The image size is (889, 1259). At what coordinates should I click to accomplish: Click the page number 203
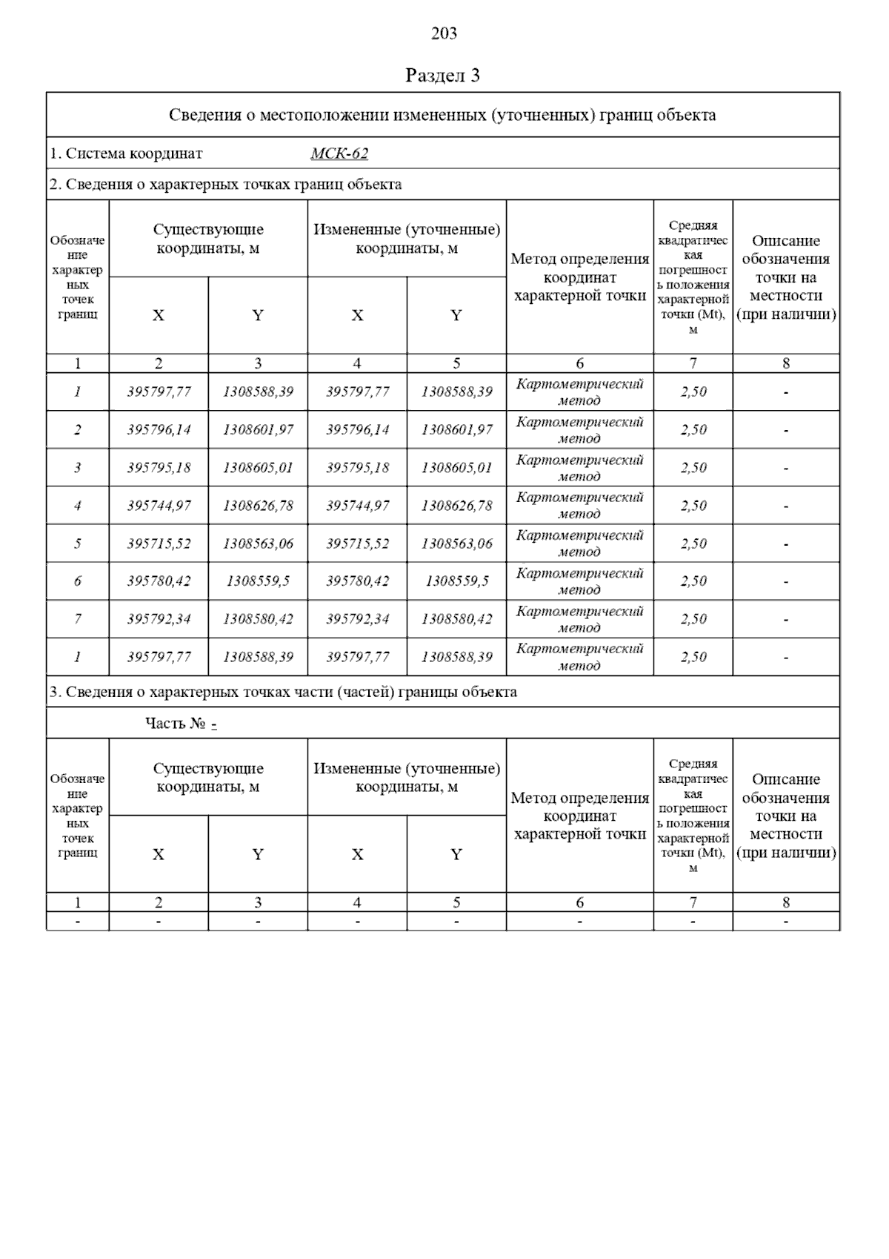[444, 33]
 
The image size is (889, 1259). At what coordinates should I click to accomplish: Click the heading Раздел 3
[443, 76]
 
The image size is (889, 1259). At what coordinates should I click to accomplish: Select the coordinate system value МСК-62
[339, 154]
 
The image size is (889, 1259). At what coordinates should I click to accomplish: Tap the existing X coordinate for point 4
[159, 506]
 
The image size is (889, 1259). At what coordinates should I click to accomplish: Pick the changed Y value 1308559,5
[456, 581]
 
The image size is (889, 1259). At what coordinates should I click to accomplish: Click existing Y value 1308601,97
[258, 430]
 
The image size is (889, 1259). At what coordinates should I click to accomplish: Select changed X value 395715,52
[357, 543]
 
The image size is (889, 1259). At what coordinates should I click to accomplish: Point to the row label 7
[78, 619]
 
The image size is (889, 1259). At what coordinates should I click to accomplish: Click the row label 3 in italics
[78, 468]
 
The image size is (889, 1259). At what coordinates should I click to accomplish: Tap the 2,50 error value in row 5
[693, 543]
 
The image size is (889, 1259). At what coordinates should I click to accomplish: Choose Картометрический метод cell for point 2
[579, 430]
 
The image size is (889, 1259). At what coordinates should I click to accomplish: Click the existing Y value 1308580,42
[258, 619]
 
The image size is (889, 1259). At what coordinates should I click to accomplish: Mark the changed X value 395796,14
[357, 430]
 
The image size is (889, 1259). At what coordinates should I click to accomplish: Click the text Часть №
[176, 724]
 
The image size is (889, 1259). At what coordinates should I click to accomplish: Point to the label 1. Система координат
[126, 154]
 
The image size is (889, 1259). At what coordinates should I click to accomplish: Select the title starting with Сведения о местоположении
[442, 115]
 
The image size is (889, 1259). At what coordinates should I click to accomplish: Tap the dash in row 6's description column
[786, 582]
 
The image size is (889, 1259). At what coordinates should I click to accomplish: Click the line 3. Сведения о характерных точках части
[283, 693]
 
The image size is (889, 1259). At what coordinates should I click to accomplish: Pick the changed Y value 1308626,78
[456, 506]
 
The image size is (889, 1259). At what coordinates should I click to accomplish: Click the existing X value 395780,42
[159, 581]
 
